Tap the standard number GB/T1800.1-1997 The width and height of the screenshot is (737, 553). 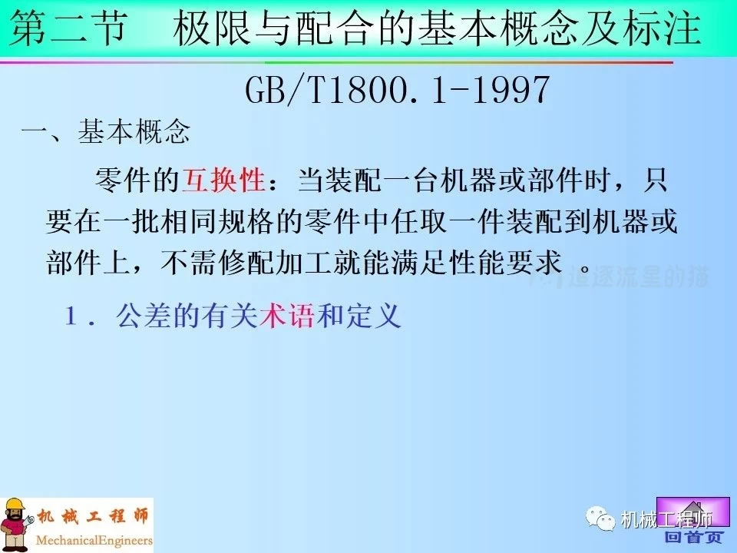coord(398,91)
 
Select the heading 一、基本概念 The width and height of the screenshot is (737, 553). coord(106,133)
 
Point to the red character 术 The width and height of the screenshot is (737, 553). coord(273,316)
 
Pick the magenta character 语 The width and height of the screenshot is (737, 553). coord(301,316)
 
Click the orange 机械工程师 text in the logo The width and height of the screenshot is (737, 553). coord(91,515)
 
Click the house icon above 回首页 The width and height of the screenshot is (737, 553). coord(685,510)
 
